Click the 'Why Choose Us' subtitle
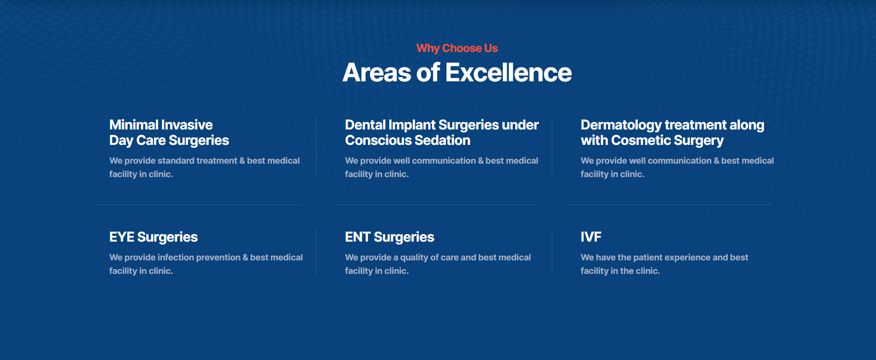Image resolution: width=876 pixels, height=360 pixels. [457, 48]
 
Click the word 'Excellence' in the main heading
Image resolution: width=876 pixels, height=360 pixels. [508, 73]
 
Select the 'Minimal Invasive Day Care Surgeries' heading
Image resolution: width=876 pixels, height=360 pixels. [169, 132]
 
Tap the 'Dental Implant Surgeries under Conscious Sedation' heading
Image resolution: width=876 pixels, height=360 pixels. [442, 132]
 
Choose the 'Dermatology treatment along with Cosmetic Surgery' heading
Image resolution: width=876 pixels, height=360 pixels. [673, 132]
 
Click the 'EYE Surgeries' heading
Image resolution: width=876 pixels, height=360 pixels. [153, 237]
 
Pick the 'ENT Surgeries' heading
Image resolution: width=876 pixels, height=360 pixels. [390, 237]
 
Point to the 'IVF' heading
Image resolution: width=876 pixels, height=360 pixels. [591, 237]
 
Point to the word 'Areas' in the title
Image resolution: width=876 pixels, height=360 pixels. [377, 73]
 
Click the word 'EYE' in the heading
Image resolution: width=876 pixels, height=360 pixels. [122, 237]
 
